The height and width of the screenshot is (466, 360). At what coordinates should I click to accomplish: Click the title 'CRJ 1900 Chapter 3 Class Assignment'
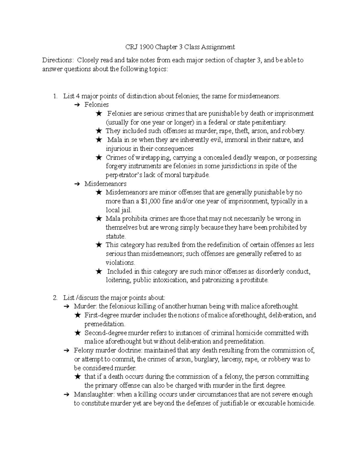180,47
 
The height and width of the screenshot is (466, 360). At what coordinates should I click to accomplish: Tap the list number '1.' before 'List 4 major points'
55,96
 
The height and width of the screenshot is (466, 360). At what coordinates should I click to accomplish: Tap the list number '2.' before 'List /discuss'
55,298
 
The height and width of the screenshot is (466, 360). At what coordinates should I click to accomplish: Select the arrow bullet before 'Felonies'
77,105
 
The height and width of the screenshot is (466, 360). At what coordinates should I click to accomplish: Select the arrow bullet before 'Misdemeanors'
77,184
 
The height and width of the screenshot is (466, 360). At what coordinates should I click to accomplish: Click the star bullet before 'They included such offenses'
98,131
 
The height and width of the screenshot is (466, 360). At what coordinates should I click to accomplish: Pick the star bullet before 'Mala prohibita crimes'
98,219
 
